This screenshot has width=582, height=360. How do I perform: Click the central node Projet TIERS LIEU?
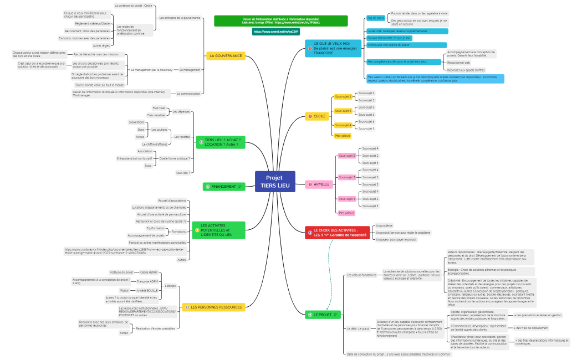[x=275, y=181]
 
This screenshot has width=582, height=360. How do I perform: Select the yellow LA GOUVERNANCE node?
[x=225, y=56]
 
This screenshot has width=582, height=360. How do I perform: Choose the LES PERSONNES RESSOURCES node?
[x=213, y=307]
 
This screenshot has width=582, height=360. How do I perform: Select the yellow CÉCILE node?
[x=317, y=116]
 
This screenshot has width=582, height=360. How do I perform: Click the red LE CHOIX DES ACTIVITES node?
[x=336, y=233]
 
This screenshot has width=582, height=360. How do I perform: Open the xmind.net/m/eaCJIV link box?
[x=272, y=32]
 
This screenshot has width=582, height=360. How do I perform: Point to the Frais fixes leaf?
[x=159, y=108]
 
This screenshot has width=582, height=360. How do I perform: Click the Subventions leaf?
[x=136, y=122]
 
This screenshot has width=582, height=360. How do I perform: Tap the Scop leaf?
[x=148, y=166]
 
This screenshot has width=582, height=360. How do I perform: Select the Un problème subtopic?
[x=384, y=225]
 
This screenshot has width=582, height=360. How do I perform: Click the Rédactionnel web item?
[x=459, y=63]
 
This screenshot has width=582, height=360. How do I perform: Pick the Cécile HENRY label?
[x=149, y=272]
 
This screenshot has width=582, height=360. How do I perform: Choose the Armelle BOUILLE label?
[x=147, y=290]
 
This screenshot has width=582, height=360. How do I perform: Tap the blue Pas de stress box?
[x=376, y=18]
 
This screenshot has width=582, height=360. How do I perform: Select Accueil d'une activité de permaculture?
[x=161, y=214]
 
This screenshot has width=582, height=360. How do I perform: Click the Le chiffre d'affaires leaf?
[x=155, y=143]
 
